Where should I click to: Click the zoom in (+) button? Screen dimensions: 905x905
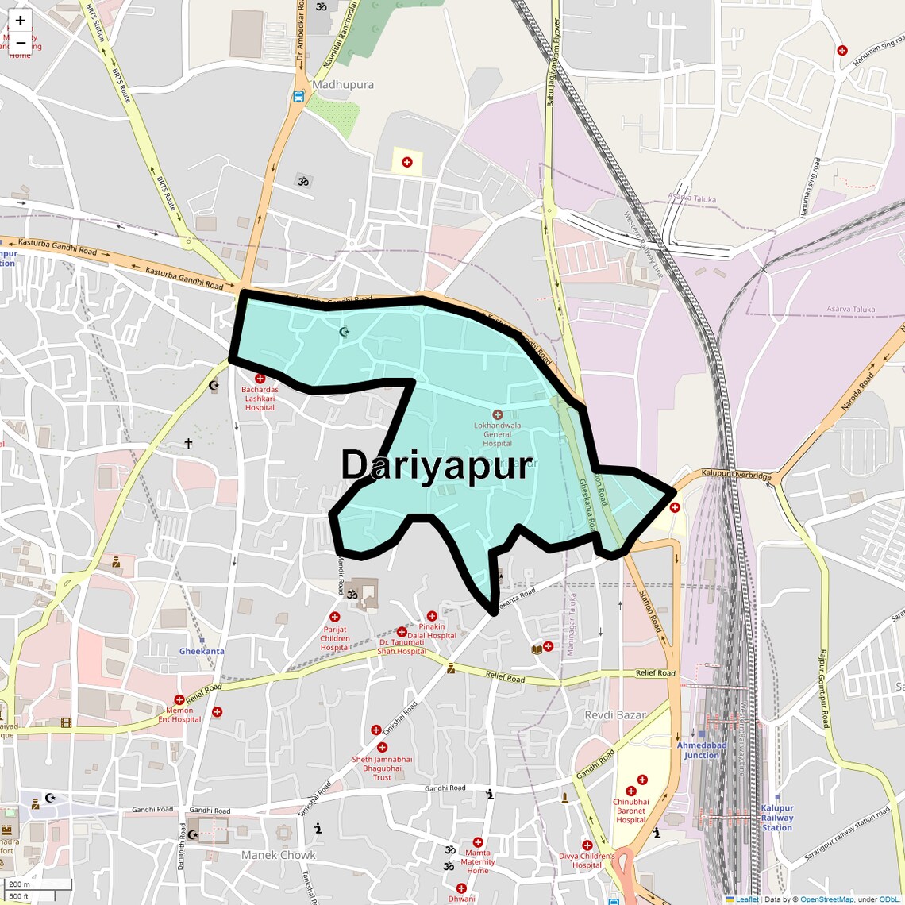[20, 21]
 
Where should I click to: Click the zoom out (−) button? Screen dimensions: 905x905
[20, 42]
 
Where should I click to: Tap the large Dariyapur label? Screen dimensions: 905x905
[436, 465]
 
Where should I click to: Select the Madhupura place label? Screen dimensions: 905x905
[343, 85]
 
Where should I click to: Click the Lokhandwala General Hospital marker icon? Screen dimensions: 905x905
[498, 414]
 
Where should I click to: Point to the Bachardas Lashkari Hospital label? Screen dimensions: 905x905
[260, 399]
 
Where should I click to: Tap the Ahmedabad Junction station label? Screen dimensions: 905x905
[702, 750]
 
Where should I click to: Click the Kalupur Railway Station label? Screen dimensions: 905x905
[777, 818]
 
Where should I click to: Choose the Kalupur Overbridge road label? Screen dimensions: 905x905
[736, 475]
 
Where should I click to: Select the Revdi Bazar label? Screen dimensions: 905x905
[615, 715]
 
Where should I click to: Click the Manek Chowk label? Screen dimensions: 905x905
[279, 855]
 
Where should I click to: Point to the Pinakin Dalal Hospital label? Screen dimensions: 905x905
[432, 631]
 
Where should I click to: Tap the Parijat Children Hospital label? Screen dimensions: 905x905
[335, 638]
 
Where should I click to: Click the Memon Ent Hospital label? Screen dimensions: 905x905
[180, 715]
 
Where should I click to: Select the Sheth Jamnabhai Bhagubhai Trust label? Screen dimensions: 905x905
[382, 768]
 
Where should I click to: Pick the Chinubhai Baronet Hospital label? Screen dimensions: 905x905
[631, 811]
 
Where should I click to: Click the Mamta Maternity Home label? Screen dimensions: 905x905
[478, 861]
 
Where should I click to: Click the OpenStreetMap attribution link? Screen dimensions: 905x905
[826, 899]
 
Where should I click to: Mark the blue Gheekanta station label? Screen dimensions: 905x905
[202, 651]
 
